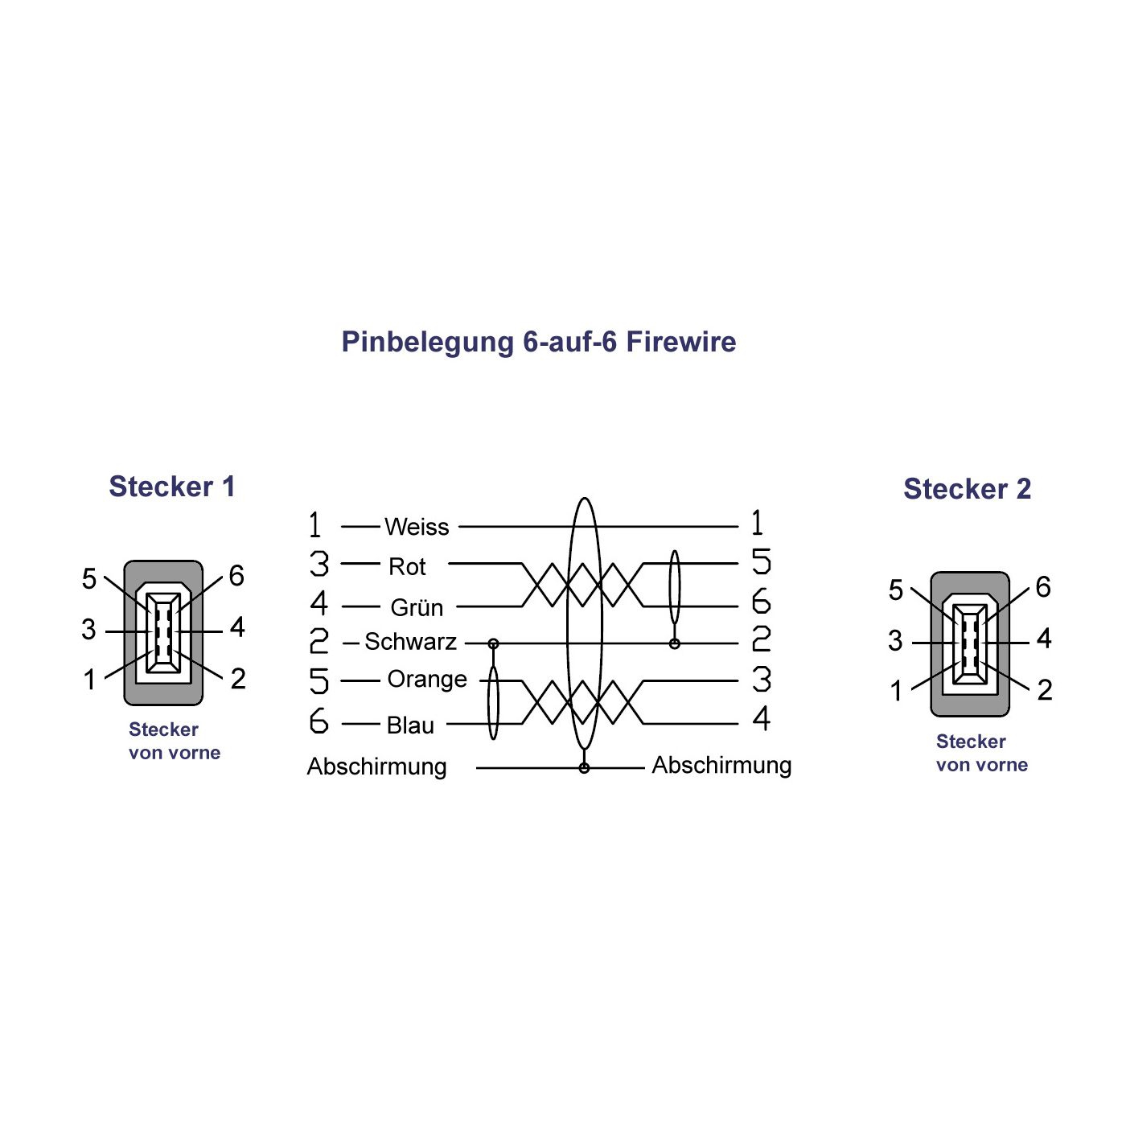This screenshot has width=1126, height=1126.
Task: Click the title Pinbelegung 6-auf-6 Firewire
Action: (538, 342)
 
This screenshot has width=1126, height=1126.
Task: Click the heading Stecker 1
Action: (171, 487)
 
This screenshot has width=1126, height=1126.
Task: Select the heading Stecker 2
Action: (967, 489)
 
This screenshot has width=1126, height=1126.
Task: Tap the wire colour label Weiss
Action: (417, 527)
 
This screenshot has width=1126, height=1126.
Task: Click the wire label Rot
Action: (407, 566)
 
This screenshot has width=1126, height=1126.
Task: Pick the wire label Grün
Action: (417, 607)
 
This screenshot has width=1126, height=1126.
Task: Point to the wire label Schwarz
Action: (410, 642)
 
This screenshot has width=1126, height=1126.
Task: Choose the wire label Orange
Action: (427, 680)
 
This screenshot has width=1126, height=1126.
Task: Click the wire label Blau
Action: (410, 725)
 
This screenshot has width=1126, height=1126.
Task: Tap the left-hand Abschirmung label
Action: (376, 766)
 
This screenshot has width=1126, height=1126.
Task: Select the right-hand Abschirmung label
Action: (721, 765)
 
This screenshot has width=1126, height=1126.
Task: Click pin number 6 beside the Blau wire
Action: (318, 721)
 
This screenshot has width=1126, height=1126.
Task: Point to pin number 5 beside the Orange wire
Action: (318, 681)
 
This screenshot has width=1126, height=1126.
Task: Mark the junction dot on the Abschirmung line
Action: (584, 768)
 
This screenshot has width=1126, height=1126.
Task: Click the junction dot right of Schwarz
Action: (493, 643)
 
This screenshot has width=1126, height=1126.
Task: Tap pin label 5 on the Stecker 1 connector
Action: (89, 579)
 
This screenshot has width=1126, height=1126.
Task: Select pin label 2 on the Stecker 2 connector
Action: (1044, 689)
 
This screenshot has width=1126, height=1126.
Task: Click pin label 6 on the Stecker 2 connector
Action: (1042, 587)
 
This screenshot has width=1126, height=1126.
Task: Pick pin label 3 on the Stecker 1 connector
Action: (88, 630)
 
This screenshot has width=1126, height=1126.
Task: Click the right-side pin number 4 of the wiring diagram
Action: (761, 718)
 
